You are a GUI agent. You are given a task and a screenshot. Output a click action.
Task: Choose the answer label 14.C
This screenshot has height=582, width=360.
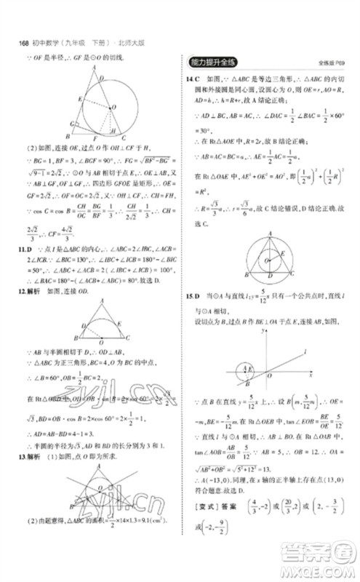[x=193, y=77]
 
